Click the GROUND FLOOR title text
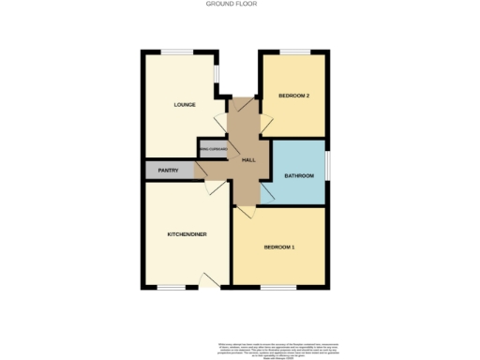point(231,4)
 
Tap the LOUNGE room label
point(184,104)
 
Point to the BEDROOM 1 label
point(278,247)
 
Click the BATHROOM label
point(298,175)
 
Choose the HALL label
point(248,160)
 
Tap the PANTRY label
point(168,171)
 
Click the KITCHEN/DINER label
point(187,233)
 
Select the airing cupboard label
point(212,148)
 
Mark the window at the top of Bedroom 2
point(295,52)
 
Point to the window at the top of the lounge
point(176,52)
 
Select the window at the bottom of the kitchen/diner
point(171,287)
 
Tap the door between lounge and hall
point(221,123)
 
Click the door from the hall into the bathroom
point(266,192)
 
